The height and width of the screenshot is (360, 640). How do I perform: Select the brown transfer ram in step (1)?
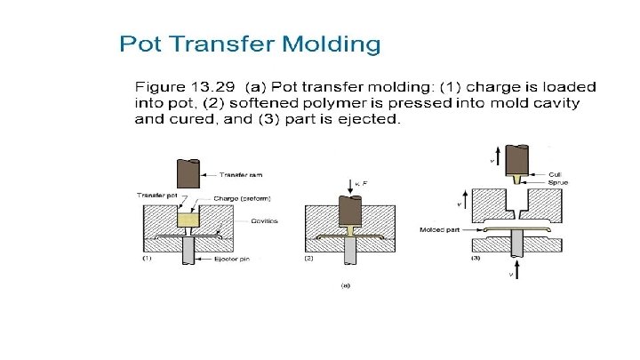[188, 171]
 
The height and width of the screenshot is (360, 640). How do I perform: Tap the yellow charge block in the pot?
[188, 219]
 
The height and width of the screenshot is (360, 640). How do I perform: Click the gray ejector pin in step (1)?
[188, 250]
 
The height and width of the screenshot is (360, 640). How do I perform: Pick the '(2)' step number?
[309, 259]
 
